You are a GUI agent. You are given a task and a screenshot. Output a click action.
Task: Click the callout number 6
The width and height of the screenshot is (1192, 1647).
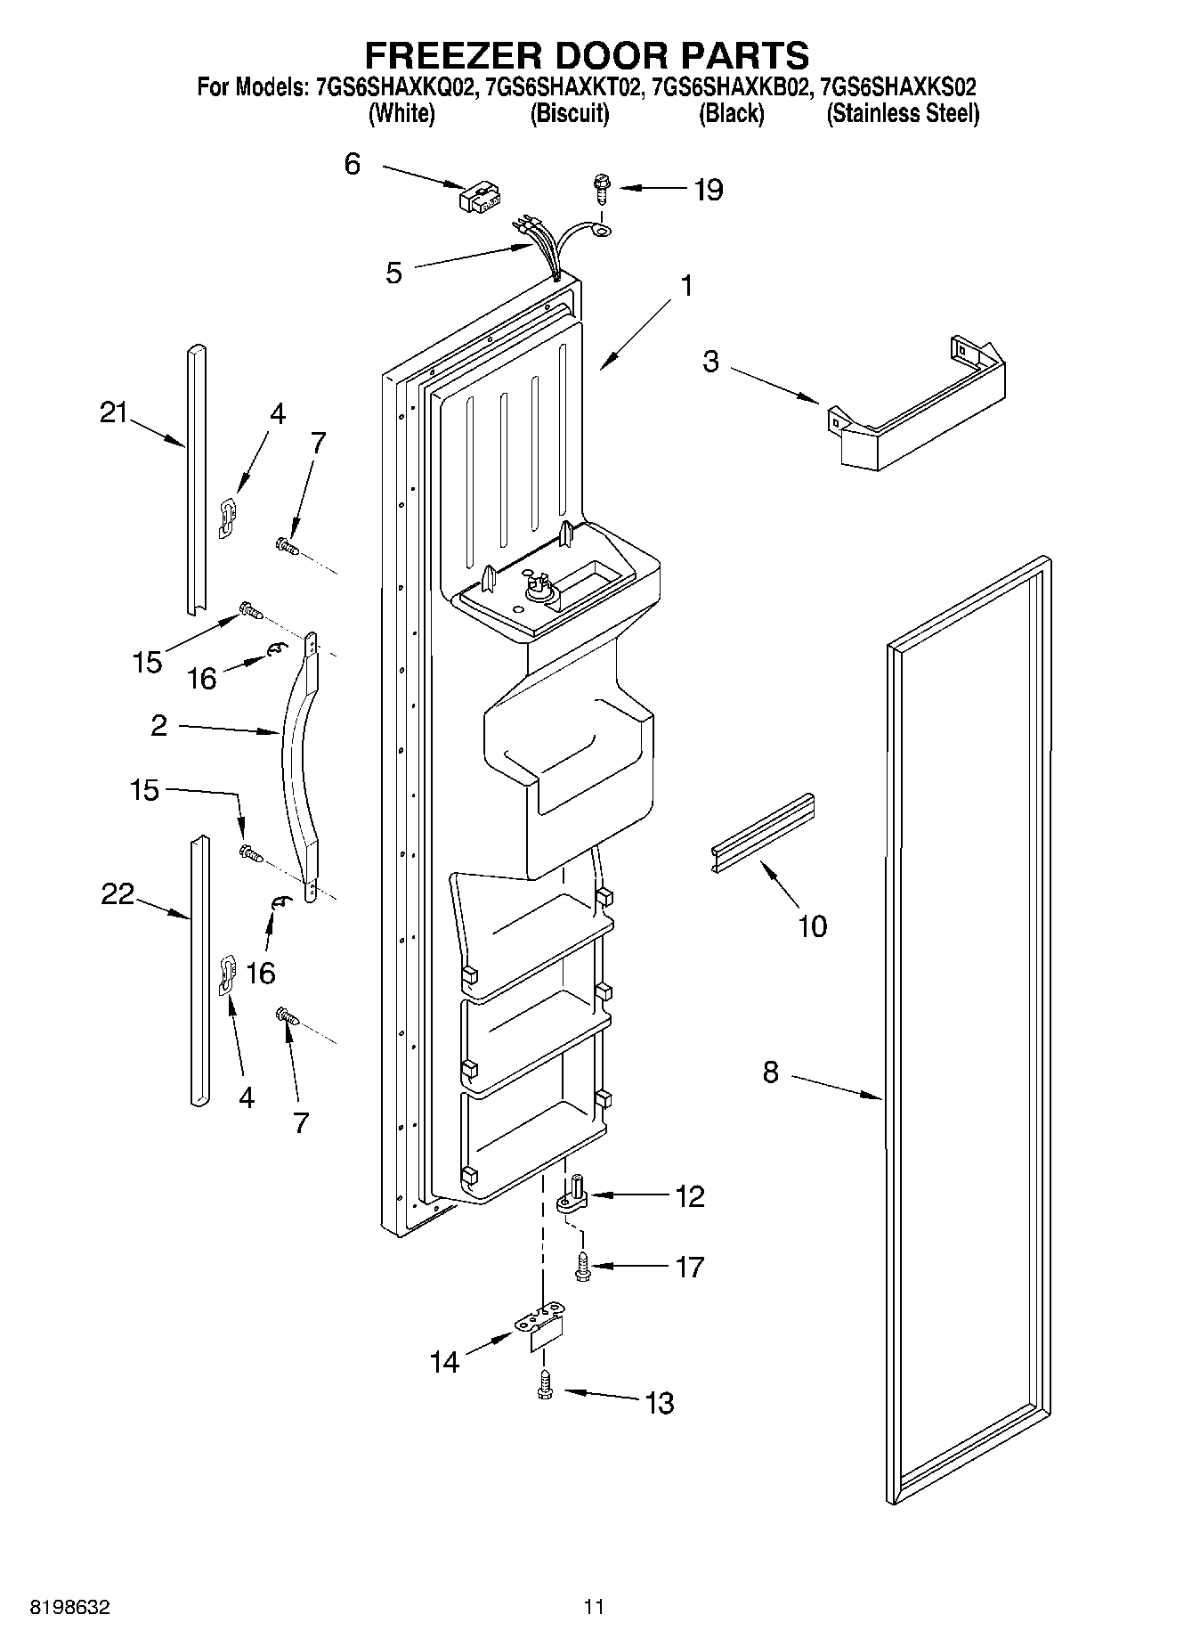pos(353,164)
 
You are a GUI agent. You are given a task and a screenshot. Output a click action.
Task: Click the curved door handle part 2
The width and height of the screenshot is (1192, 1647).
pos(297,766)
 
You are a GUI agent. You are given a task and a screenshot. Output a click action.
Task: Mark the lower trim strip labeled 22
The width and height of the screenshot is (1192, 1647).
pos(198,971)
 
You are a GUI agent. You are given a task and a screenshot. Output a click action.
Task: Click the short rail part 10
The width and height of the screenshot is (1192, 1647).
pos(762,832)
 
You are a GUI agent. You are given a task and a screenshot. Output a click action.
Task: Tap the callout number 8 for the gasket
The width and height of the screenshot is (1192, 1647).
pos(770,1072)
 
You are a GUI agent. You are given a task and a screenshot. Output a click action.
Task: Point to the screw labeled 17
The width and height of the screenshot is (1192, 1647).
pos(583,1266)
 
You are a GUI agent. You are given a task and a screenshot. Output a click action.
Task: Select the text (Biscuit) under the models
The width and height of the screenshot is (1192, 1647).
pos(570,114)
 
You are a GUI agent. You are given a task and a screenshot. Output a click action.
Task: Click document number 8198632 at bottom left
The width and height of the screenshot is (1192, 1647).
pos(70,1607)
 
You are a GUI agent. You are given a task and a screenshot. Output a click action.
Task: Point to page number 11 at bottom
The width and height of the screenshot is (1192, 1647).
pos(594,1607)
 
